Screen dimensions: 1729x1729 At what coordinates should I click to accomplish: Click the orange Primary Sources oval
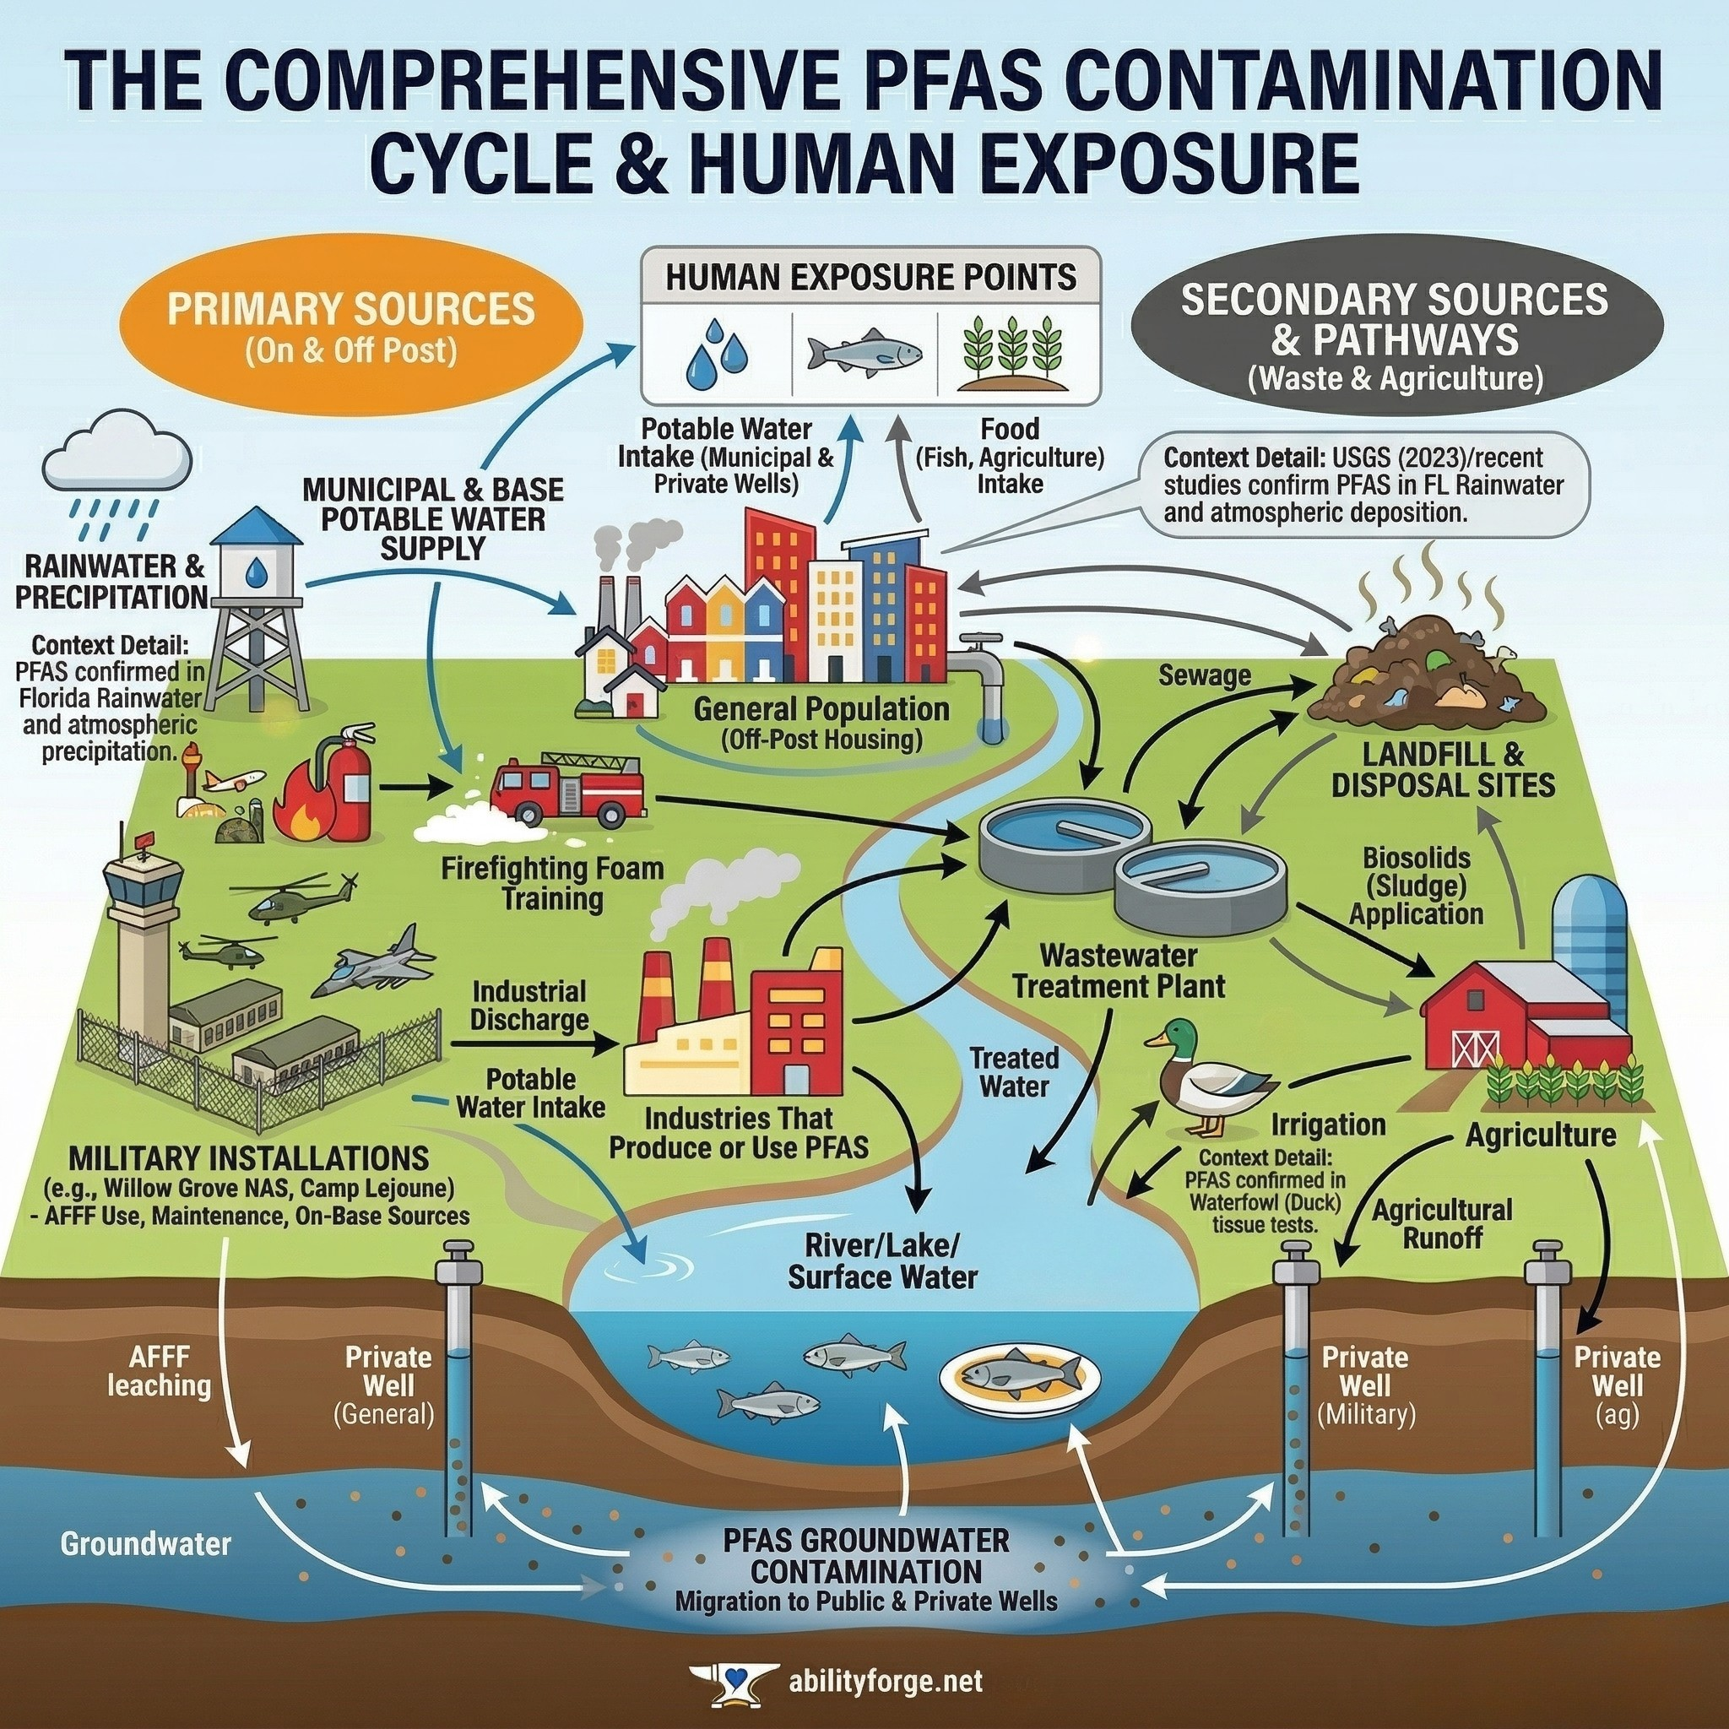point(351,328)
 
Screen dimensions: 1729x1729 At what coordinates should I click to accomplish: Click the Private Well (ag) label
point(1616,1385)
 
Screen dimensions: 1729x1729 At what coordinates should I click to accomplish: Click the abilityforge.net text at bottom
point(885,1681)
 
